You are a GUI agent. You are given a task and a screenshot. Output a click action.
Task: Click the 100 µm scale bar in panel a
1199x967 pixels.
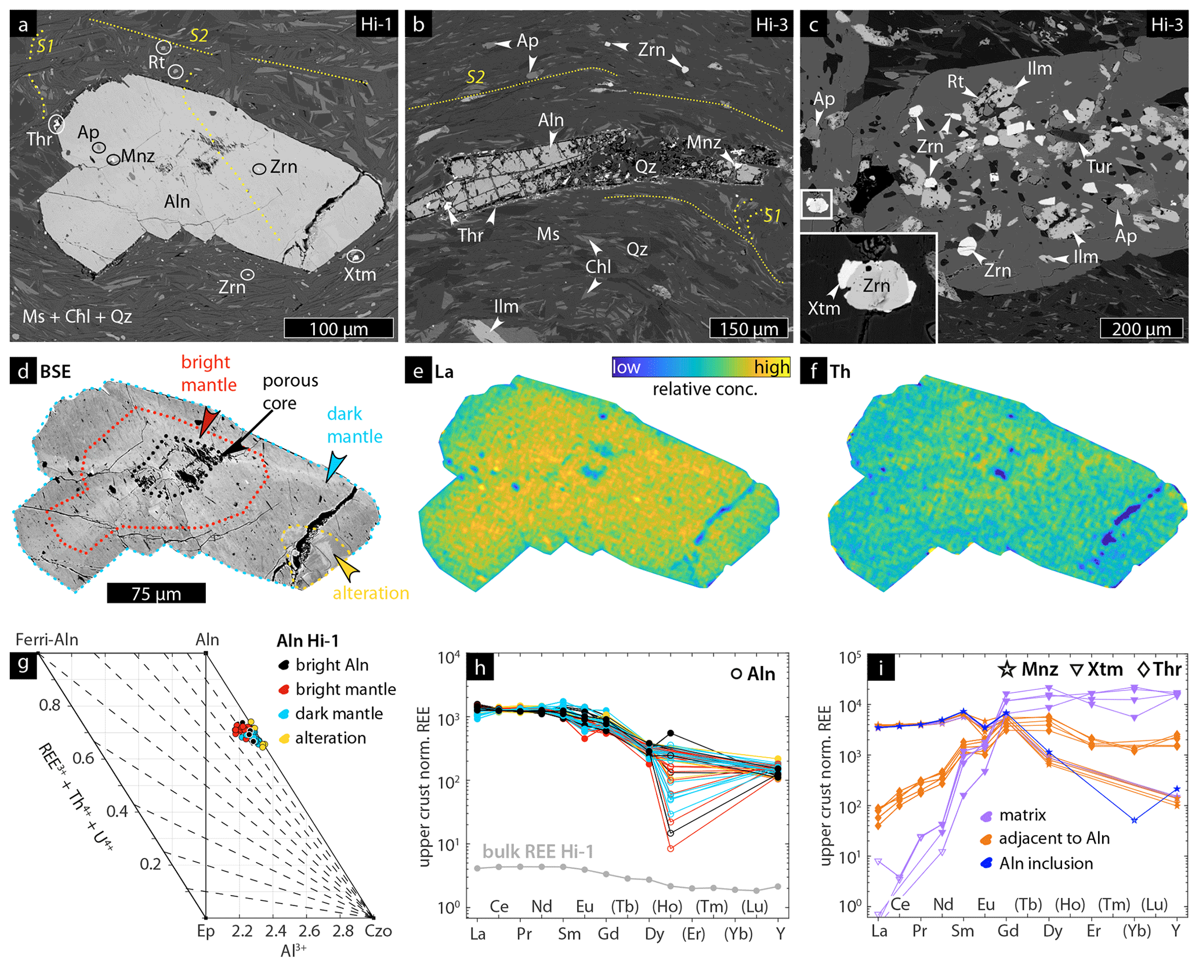[x=339, y=328]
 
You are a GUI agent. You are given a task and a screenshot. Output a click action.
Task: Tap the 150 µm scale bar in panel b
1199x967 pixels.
[x=749, y=328]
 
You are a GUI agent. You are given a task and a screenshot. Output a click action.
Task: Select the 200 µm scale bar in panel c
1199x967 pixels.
[x=1141, y=328]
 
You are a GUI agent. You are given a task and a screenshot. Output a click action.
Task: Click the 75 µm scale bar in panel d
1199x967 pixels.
[x=156, y=593]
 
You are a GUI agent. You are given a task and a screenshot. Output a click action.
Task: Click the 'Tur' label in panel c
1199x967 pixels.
[x=1098, y=167]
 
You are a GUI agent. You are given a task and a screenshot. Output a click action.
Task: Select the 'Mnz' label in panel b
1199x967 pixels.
[x=703, y=143]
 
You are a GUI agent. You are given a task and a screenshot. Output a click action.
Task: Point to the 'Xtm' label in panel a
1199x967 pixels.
[x=360, y=274]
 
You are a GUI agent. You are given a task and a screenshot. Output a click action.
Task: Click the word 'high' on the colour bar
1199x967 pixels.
[x=771, y=367]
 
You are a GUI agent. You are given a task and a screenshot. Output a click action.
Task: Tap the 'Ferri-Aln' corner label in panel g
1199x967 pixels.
[x=47, y=639]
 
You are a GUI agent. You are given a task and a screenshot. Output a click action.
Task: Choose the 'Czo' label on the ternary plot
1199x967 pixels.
[x=378, y=931]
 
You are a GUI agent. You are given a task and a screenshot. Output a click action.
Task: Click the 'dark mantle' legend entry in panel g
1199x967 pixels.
[x=339, y=714]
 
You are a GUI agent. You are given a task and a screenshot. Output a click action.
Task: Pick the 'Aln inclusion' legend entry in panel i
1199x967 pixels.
[x=1045, y=863]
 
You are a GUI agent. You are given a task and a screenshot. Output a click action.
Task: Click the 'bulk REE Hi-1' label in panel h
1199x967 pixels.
[x=538, y=852]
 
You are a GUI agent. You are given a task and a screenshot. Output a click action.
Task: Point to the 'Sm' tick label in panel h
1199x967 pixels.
[x=569, y=933]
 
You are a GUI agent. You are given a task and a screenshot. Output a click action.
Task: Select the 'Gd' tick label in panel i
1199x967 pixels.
[x=1008, y=931]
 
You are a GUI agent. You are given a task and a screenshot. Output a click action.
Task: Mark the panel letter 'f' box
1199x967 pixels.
[x=813, y=371]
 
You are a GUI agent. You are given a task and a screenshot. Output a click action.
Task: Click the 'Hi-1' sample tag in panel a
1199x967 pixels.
[x=376, y=24]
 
